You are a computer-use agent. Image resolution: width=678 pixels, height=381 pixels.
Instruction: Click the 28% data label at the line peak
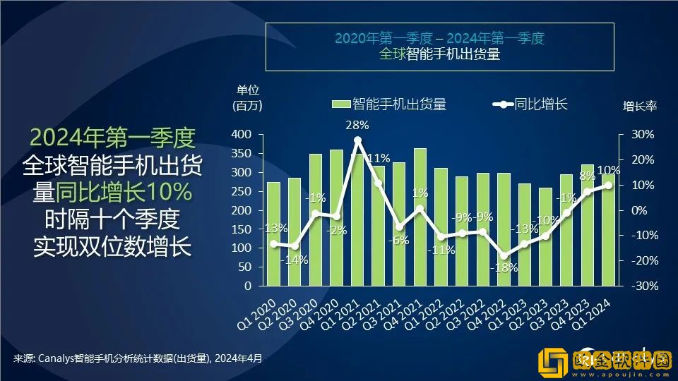click(357, 126)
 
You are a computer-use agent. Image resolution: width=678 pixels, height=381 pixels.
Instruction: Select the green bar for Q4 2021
click(420, 226)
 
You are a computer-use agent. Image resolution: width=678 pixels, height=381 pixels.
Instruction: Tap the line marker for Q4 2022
click(504, 256)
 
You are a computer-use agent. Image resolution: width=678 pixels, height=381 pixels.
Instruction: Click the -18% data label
click(506, 268)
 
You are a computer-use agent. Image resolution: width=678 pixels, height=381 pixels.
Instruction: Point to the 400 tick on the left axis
click(242, 134)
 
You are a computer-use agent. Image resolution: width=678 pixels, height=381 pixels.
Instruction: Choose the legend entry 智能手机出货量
click(389, 104)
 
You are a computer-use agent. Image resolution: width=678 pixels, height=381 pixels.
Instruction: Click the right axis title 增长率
click(639, 107)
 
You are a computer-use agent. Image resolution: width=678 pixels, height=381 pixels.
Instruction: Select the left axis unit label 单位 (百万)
click(247, 98)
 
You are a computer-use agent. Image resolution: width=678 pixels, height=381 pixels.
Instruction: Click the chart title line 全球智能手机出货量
click(439, 54)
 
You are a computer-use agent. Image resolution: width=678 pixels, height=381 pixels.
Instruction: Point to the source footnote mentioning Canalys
click(138, 358)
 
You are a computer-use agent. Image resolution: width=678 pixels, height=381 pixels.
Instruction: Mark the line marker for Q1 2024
click(607, 185)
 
